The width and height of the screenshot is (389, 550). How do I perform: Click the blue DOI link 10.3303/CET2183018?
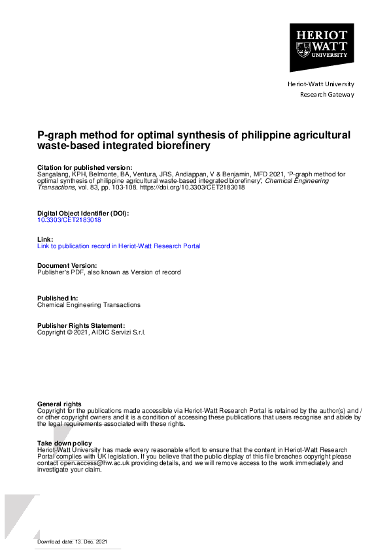(x=69, y=220)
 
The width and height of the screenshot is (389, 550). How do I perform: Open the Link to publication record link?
(x=119, y=246)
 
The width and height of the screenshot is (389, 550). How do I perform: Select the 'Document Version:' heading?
(x=67, y=265)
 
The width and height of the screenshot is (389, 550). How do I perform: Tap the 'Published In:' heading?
(x=58, y=298)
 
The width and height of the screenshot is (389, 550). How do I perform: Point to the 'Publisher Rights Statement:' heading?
(x=81, y=325)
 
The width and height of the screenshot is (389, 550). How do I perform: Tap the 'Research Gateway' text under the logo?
(x=327, y=95)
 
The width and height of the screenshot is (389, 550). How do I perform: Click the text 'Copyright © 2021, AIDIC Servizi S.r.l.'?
(x=92, y=332)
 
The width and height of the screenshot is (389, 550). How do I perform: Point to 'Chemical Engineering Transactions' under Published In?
(x=89, y=305)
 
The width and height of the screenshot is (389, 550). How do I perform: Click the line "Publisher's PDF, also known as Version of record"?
(x=109, y=272)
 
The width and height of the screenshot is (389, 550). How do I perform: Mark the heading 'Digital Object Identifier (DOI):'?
(x=83, y=213)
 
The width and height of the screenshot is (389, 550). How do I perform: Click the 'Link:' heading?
(x=45, y=239)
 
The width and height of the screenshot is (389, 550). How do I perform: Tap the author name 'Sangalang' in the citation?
(x=53, y=174)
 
